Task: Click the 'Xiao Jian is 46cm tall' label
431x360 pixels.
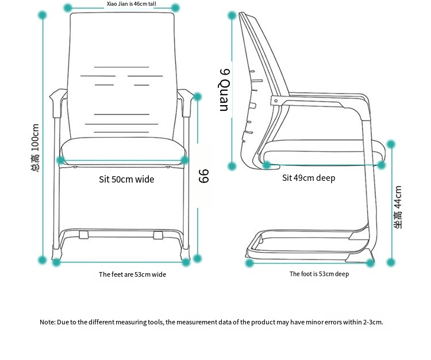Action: tap(132, 4)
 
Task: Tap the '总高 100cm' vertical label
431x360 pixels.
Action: tap(35, 148)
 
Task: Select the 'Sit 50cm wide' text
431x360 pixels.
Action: tap(126, 179)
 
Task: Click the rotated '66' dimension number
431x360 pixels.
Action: tap(203, 176)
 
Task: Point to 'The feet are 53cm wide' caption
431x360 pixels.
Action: tap(133, 274)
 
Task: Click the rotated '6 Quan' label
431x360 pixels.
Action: tap(224, 90)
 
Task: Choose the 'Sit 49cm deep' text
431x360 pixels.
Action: tap(309, 178)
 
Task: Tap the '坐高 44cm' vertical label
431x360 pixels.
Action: tap(398, 207)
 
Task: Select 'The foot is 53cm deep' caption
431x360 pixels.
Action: tap(319, 274)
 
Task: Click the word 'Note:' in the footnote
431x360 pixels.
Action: tap(48, 322)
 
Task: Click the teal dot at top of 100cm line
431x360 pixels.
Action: tap(43, 15)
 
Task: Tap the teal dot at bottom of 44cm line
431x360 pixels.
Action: tap(391, 262)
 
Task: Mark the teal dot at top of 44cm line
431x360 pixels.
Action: tap(391, 144)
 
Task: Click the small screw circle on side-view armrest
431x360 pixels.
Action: tap(276, 101)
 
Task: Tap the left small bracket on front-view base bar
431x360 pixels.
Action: tap(84, 235)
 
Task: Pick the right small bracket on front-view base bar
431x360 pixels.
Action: tap(158, 235)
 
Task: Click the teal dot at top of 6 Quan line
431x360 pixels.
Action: tap(232, 16)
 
